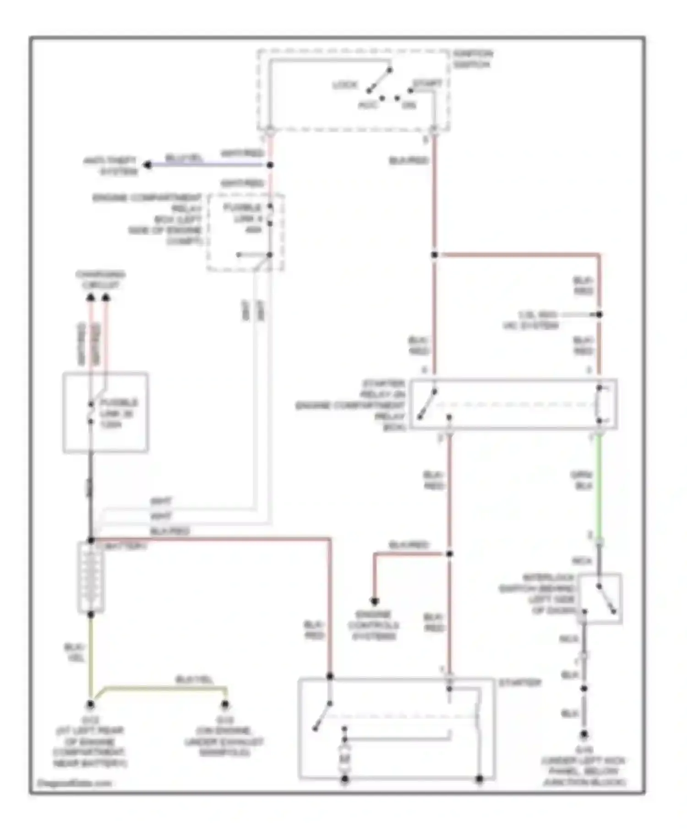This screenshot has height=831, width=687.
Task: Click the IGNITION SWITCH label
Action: point(473,59)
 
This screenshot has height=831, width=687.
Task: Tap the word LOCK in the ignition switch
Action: point(344,85)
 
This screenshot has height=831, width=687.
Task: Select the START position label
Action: point(427,84)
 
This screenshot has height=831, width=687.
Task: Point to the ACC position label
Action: point(368,105)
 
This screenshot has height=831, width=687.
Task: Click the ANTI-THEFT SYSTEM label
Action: point(111,166)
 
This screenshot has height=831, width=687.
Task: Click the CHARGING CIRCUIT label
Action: point(100,280)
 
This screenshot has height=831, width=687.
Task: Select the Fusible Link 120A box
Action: point(105,413)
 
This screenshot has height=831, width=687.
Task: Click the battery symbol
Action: point(91,577)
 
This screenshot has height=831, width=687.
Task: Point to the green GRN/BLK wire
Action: point(599,486)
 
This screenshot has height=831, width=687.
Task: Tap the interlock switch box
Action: point(600,598)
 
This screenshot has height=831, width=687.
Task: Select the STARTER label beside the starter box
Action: point(520,683)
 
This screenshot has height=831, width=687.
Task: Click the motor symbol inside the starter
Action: point(344,760)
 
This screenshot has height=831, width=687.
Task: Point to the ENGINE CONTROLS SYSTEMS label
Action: point(374,625)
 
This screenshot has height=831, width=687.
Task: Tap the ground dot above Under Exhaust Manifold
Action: point(225,705)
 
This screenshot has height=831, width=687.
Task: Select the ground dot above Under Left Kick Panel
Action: point(584,735)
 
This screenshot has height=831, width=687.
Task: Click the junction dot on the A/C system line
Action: point(599,314)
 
